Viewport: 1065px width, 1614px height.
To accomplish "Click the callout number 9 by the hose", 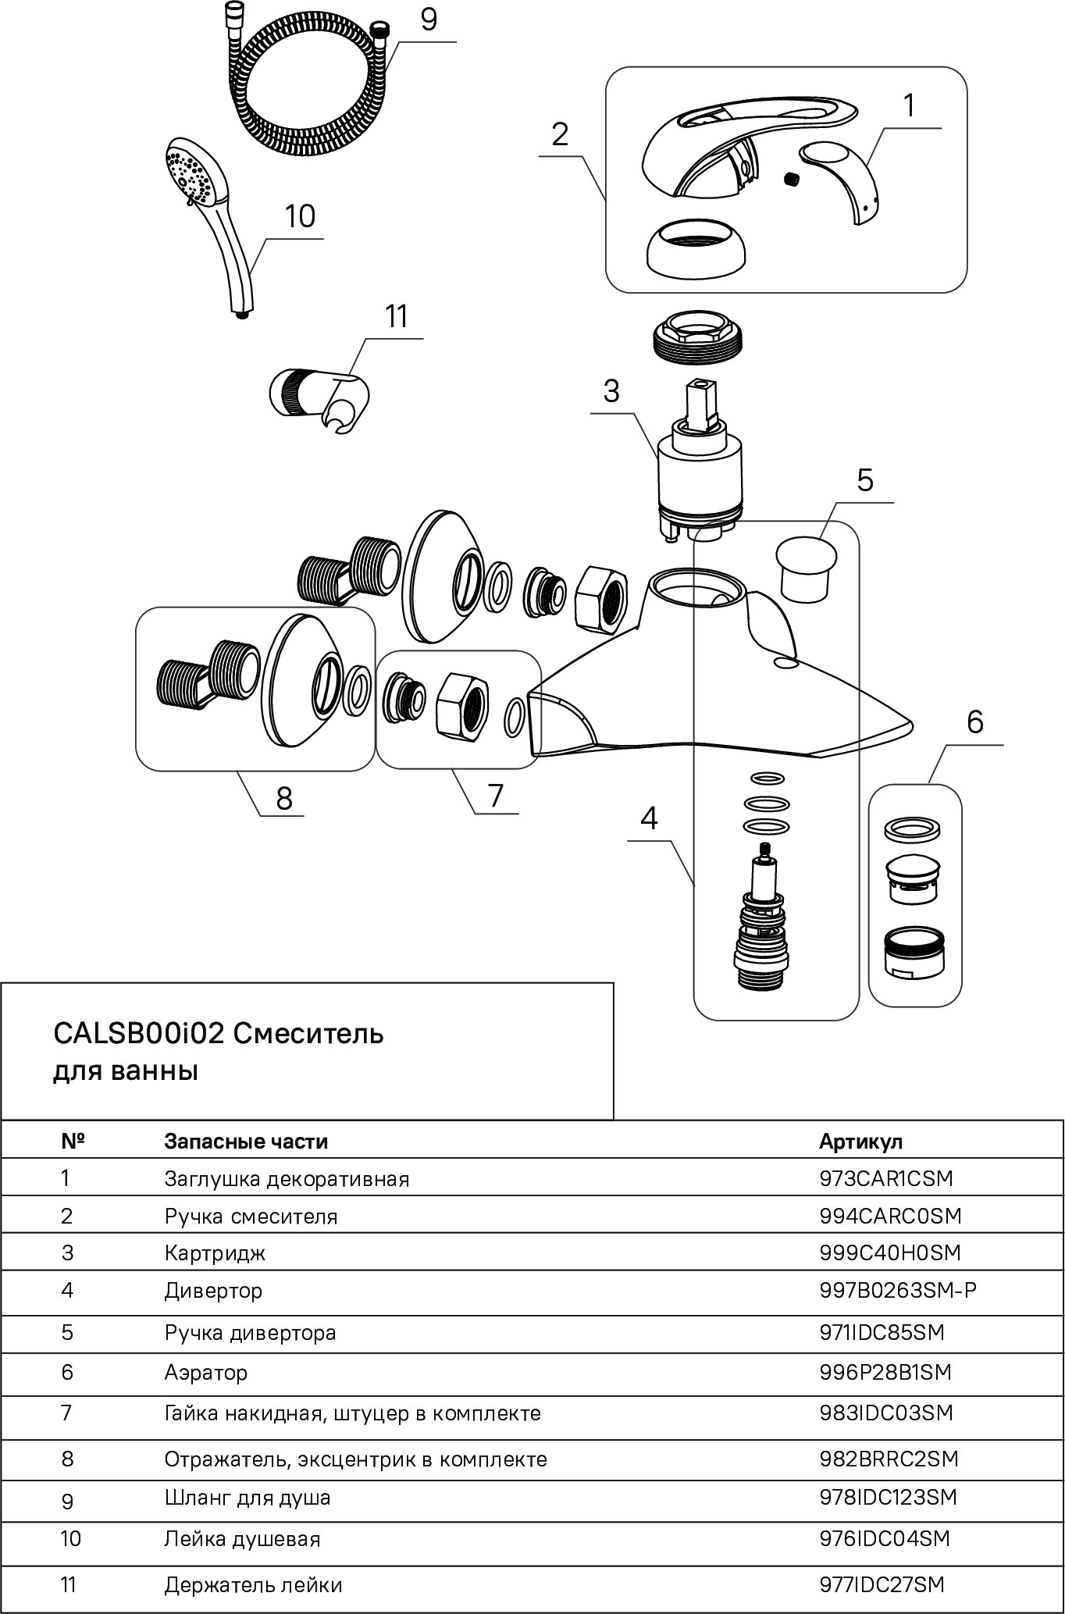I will [429, 20].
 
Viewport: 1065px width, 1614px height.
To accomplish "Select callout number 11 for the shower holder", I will [397, 318].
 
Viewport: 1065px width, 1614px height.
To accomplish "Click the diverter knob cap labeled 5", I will [806, 566].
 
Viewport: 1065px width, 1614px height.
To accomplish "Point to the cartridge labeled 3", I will [699, 476].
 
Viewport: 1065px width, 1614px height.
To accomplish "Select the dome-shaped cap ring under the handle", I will [696, 247].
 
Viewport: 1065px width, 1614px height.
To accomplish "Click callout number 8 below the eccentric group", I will [284, 797].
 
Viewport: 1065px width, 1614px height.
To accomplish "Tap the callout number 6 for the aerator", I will [975, 722].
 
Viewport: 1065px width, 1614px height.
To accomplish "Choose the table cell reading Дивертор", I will [213, 1290].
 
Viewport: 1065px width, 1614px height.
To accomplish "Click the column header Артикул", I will [860, 1141].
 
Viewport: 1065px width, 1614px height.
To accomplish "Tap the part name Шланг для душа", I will [247, 1498].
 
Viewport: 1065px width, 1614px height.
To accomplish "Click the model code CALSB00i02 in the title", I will [139, 1033].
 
